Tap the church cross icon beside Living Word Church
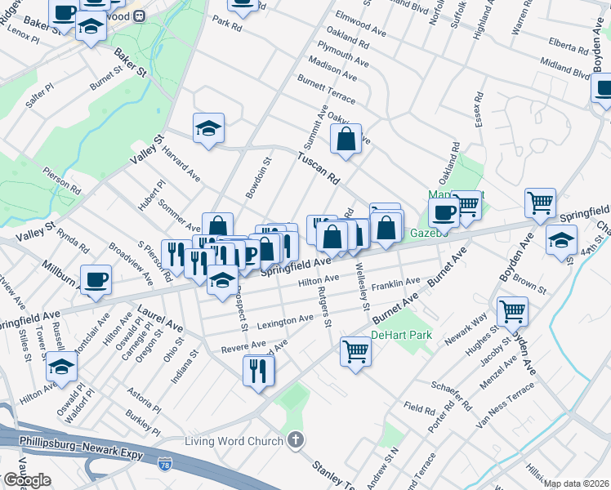[295, 441]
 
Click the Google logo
[27, 480]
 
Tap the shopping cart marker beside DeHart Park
[356, 351]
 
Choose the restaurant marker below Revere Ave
[258, 371]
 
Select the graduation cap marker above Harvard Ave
[208, 128]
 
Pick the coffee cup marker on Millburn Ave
[96, 280]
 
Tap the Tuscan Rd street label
[318, 167]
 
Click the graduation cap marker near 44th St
[561, 241]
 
